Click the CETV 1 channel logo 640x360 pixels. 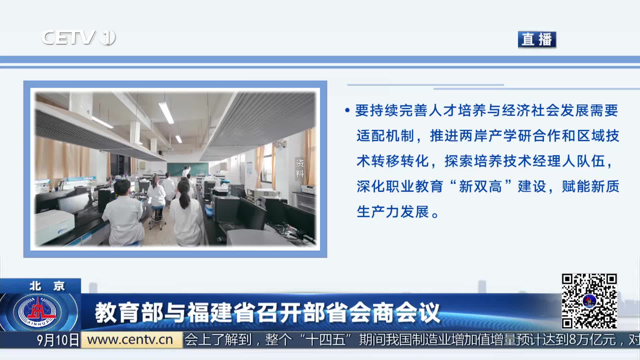[78, 37]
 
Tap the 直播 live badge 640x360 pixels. [537, 39]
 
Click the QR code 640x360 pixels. [589, 301]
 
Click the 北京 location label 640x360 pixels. [47, 286]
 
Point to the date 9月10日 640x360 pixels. [58, 340]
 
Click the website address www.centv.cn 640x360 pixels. [130, 340]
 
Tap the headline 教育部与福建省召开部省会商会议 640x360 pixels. [267, 313]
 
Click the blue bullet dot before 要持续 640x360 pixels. [347, 110]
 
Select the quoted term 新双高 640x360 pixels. [480, 186]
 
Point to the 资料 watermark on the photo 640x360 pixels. [300, 168]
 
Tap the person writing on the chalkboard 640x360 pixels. [185, 171]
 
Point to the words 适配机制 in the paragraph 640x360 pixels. [385, 136]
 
